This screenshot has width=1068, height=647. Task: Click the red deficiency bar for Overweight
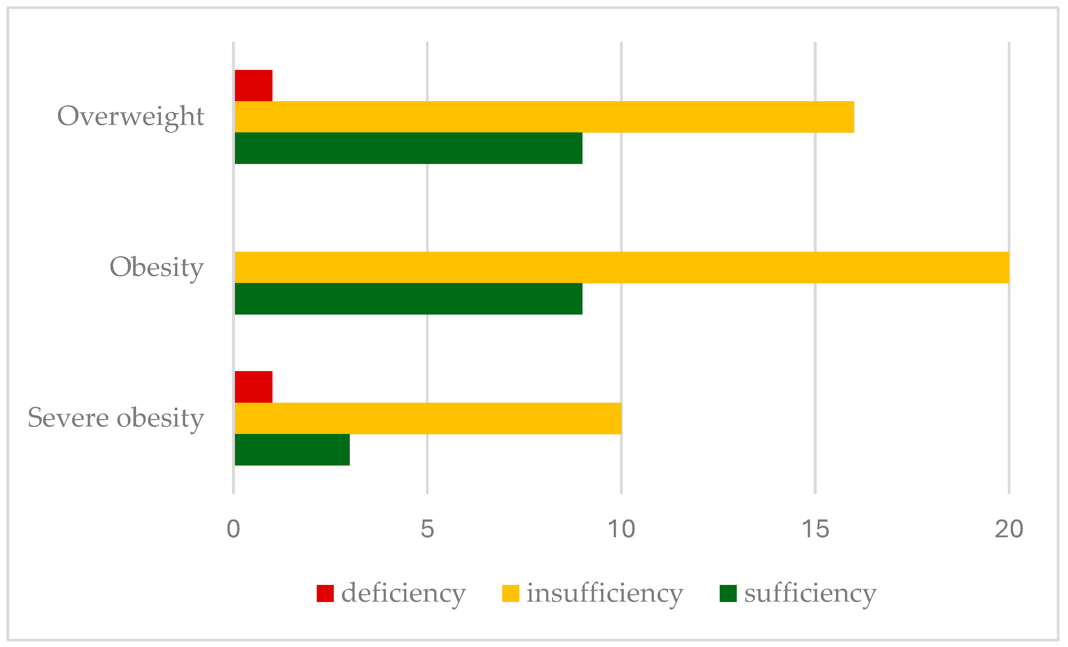[x=254, y=86]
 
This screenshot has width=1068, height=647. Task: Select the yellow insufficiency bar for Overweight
[x=544, y=117]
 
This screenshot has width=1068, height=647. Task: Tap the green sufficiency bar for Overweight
[x=408, y=148]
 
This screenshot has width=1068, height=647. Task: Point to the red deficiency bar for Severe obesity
[x=254, y=387]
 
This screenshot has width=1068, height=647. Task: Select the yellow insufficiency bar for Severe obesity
[x=428, y=418]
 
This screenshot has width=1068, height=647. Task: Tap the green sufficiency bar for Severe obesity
[x=292, y=449]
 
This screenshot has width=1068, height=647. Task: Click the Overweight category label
[x=130, y=116]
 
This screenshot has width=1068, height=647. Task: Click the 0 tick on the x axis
[x=233, y=529]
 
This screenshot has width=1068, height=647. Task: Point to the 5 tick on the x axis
[x=427, y=529]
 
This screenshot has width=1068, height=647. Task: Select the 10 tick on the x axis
[x=621, y=529]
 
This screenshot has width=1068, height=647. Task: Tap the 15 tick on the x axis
[x=815, y=529]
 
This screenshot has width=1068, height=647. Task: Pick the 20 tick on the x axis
[x=1009, y=529]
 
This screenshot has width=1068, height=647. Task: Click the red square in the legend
[x=325, y=593]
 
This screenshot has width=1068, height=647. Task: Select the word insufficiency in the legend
[x=605, y=593]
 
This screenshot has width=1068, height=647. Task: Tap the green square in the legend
[x=728, y=593]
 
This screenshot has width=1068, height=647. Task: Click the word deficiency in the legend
[x=403, y=593]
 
